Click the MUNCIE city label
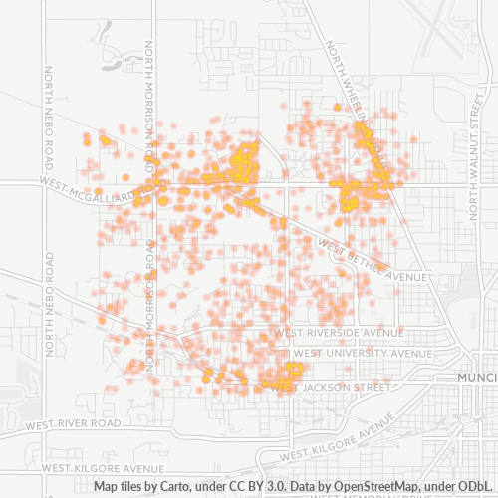[x=475, y=379]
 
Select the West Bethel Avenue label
[x=373, y=261]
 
